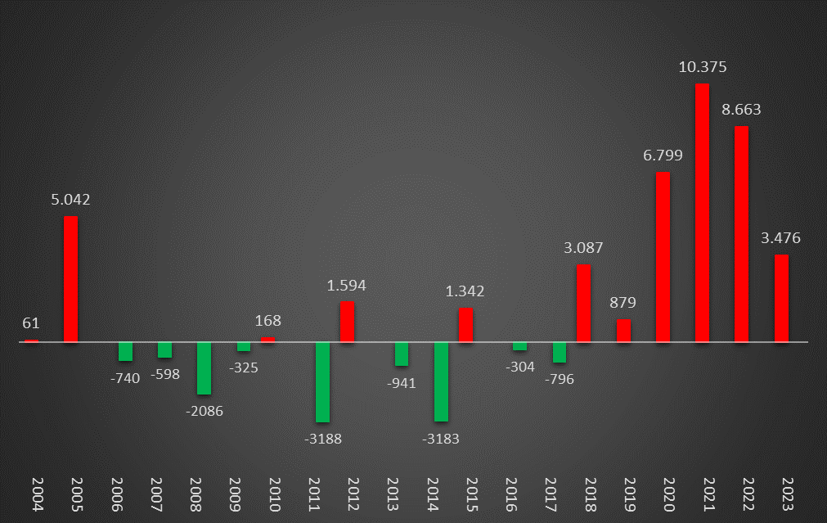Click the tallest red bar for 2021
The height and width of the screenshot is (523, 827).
702,213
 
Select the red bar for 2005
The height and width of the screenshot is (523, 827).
71,279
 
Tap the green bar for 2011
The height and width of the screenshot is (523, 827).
323,382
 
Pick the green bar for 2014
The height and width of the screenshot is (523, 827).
442,381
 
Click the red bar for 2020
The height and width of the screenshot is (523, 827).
663,257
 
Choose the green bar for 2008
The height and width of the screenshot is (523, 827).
205,368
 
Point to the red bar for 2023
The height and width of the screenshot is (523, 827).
781,299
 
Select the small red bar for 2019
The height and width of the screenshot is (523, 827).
623,331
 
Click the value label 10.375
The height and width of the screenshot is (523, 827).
703,67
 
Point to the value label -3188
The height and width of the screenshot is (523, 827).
323,439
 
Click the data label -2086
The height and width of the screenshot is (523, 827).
205,410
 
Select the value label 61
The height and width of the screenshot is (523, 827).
31,323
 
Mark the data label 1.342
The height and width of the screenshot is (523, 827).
465,291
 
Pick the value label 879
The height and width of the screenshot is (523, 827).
622,303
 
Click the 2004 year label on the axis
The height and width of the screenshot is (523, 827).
32,494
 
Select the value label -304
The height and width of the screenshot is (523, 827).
520,367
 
